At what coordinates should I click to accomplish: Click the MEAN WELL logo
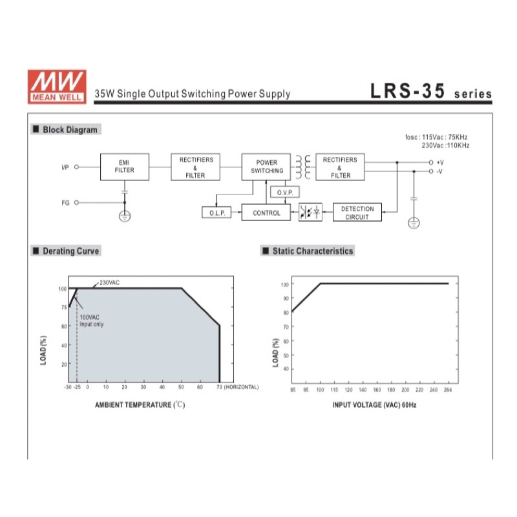click(x=57, y=87)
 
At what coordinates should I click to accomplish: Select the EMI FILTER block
click(x=125, y=167)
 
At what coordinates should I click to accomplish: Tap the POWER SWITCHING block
click(x=266, y=167)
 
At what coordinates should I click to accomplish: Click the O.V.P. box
click(x=285, y=192)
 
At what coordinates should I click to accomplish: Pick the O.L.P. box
click(x=216, y=213)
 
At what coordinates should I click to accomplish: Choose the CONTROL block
click(x=266, y=213)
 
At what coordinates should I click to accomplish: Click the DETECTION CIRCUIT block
click(x=357, y=213)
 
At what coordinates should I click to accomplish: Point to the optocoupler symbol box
click(x=310, y=212)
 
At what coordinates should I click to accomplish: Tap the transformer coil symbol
click(x=303, y=167)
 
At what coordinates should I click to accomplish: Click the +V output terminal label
click(x=440, y=163)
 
